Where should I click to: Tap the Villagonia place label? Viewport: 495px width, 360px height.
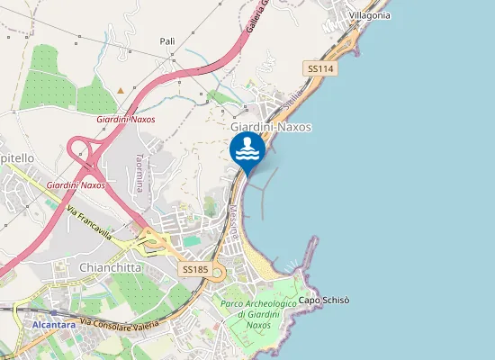pyautogui.click(x=369, y=15)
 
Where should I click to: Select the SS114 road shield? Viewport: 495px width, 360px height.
pyautogui.click(x=321, y=68)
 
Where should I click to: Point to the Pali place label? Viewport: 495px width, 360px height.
pyautogui.click(x=167, y=41)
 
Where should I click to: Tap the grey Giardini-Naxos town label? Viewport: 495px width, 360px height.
pyautogui.click(x=271, y=127)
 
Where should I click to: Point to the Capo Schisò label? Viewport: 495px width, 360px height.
pyautogui.click(x=323, y=300)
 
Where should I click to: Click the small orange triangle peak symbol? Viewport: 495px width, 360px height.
pyautogui.click(x=121, y=90)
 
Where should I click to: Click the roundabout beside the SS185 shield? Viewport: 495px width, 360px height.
pyautogui.click(x=217, y=276)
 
